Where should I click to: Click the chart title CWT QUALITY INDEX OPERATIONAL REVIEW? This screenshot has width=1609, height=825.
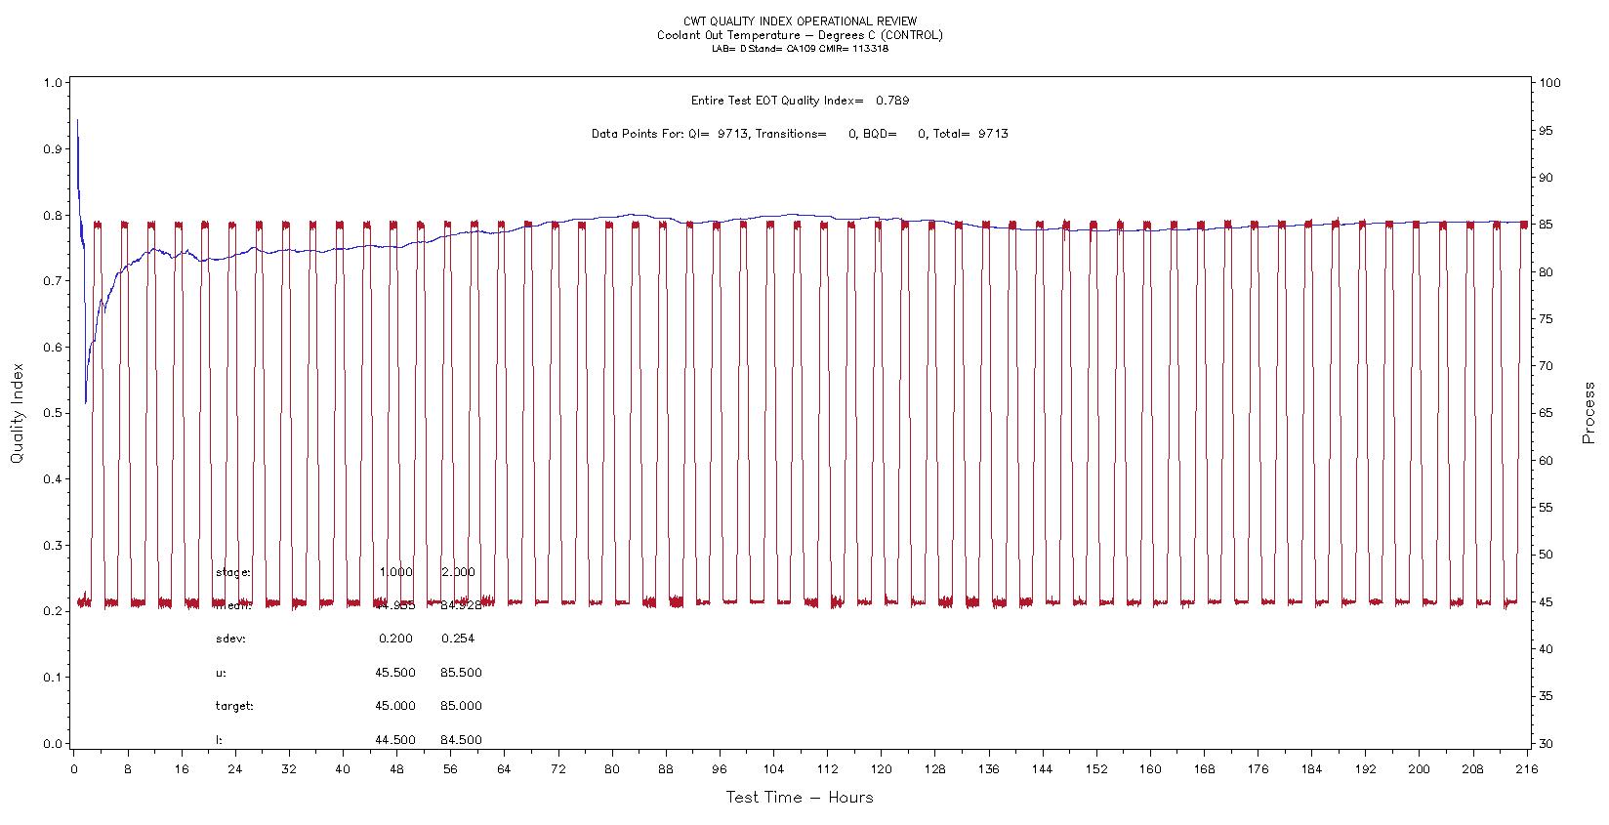coord(801,21)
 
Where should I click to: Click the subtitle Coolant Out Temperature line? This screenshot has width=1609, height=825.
coord(801,35)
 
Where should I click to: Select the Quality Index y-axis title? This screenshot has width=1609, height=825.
coord(18,414)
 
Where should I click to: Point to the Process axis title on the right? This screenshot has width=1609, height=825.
coord(1588,414)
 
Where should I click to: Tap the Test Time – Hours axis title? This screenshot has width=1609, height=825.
coord(800,798)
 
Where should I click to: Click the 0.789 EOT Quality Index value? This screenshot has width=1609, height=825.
coord(892,101)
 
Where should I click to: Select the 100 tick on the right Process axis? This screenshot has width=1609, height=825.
coord(1549,83)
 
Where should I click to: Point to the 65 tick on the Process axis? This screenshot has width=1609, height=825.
coord(1547,413)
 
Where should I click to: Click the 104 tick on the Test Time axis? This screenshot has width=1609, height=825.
coord(773,769)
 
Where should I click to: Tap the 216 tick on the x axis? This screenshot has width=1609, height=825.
coord(1526,769)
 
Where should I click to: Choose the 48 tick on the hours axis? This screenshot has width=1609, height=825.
coord(396,769)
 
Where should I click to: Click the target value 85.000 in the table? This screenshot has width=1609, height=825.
coord(461,706)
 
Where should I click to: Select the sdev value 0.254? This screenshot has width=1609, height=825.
coord(457,639)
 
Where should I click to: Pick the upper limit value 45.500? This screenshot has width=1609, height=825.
coord(394,673)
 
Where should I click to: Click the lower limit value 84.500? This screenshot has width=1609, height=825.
coord(461,740)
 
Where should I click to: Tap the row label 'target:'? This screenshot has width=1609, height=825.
coord(234,706)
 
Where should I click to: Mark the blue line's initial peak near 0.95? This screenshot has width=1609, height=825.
coord(77,120)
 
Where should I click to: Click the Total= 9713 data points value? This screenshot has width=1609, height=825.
coord(993,134)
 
